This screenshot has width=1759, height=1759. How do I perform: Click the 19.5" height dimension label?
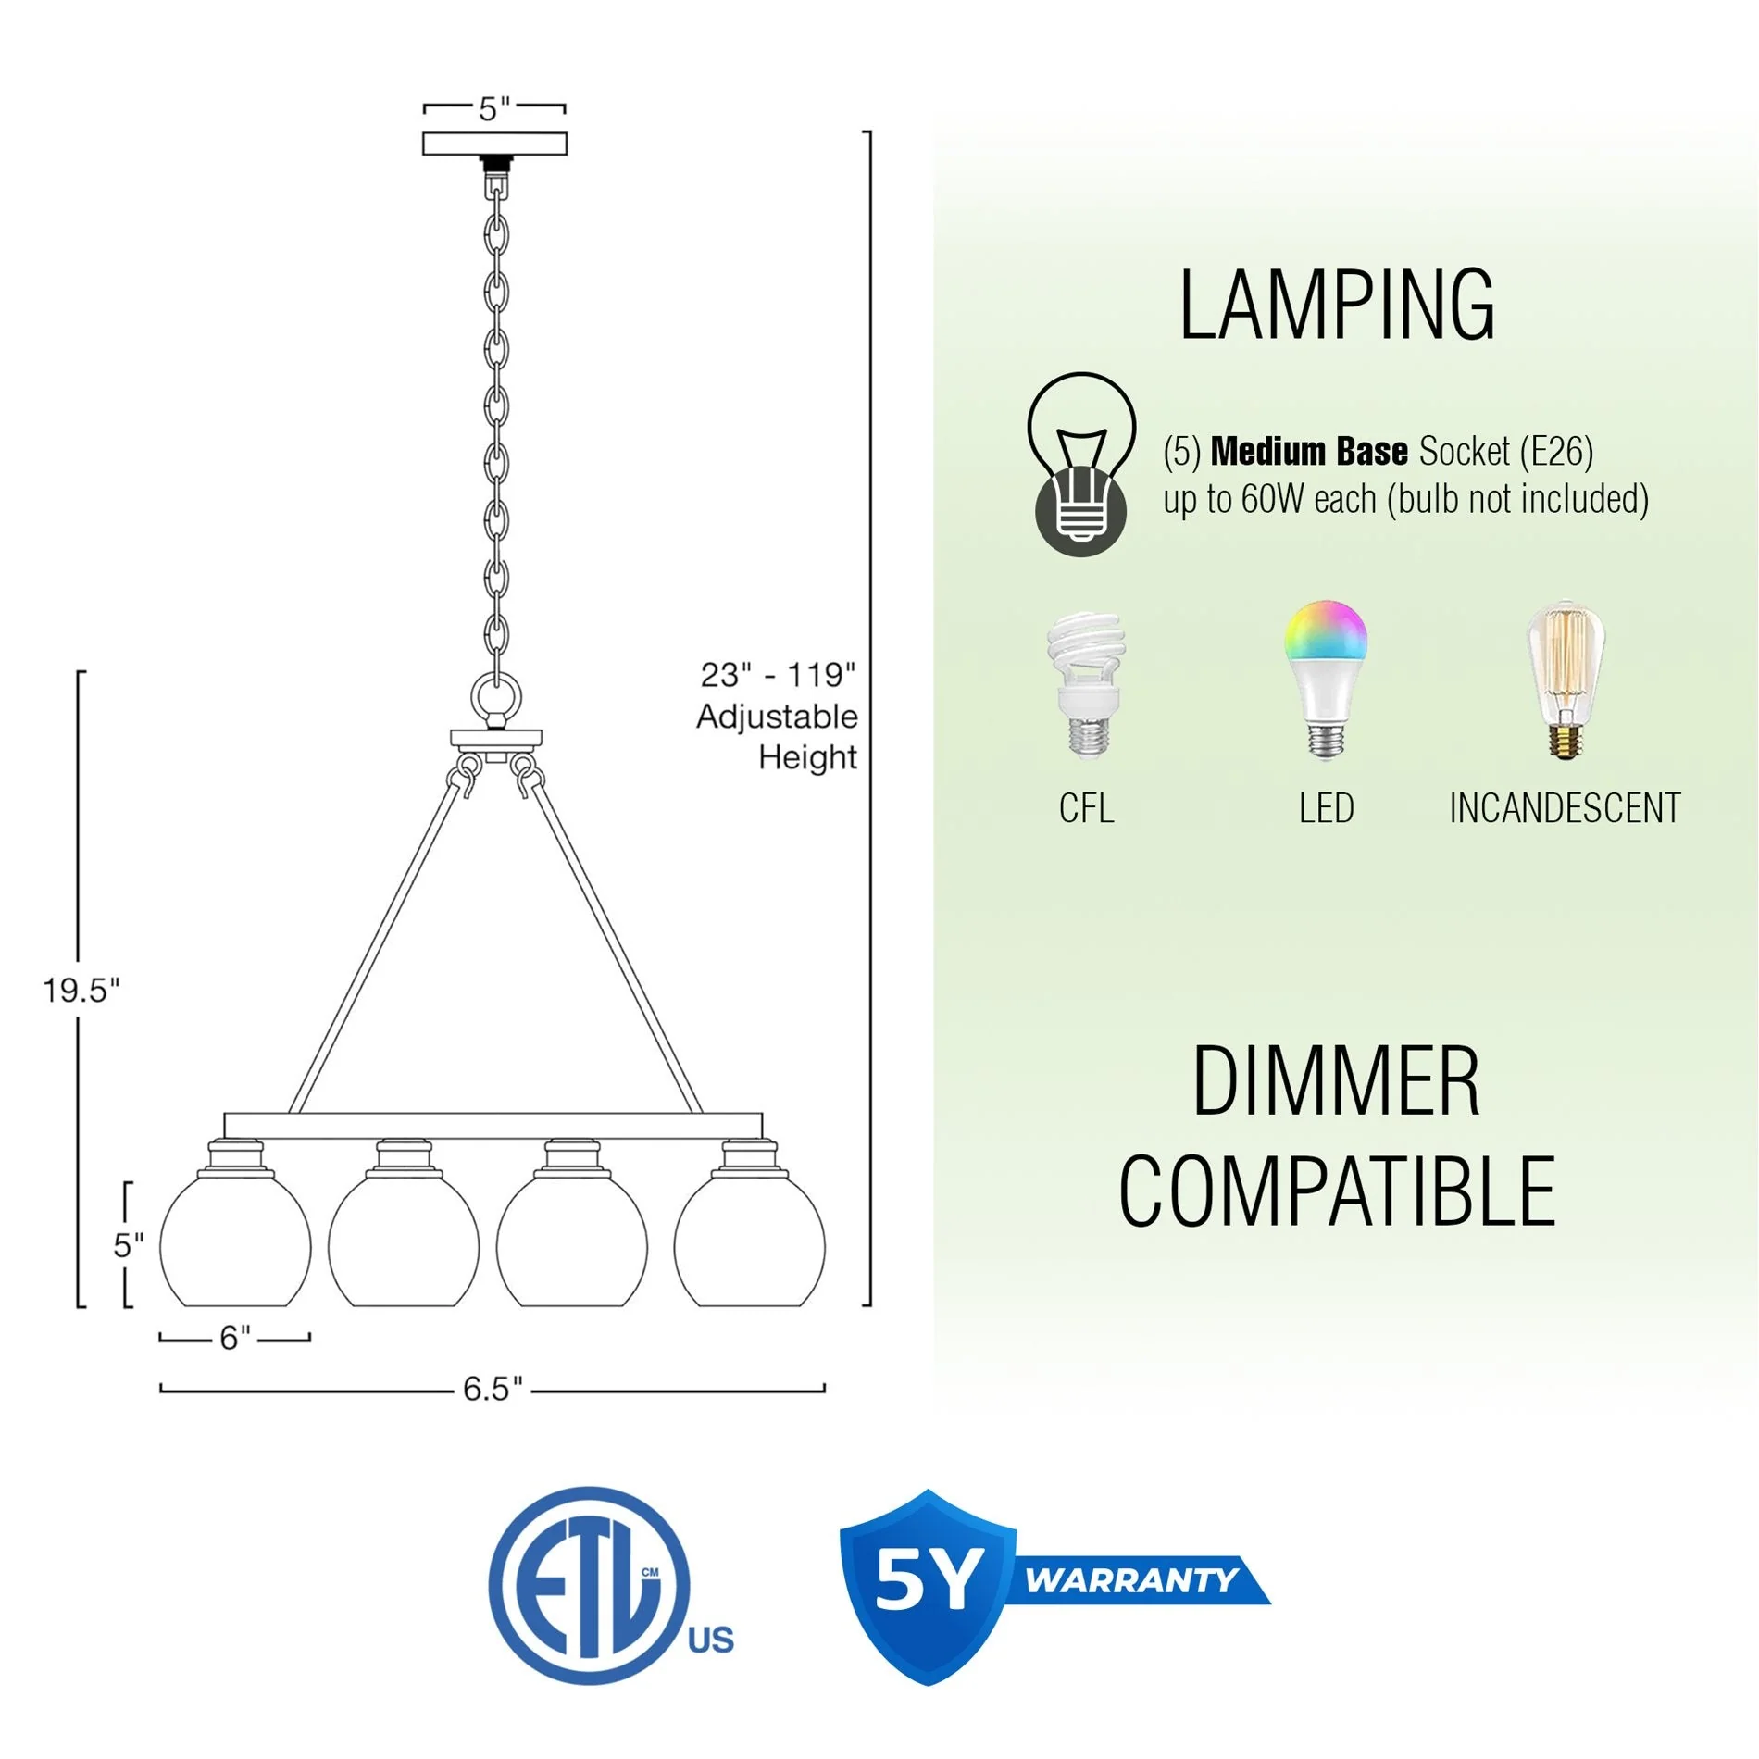[81, 991]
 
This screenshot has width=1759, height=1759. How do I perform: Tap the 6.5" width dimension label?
[493, 1389]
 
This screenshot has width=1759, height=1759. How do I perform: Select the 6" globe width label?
[234, 1338]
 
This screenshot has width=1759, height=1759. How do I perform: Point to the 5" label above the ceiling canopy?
[494, 109]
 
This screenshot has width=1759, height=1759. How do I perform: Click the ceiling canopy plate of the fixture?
[494, 143]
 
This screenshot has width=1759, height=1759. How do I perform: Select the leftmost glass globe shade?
[235, 1245]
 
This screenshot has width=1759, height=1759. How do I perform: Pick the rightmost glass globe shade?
[749, 1245]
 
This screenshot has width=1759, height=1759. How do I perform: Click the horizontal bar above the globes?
[493, 1126]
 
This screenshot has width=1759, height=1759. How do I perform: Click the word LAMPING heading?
[1336, 306]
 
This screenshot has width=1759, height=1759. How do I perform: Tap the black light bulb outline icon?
[1080, 463]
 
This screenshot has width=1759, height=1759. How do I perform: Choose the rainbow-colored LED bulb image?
[1326, 680]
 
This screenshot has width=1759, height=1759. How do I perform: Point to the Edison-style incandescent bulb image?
[1565, 680]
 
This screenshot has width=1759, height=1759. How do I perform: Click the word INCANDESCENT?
[1565, 808]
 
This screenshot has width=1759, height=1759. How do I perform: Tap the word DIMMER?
[1336, 1081]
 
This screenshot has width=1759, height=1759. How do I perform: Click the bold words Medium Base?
[1309, 452]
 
